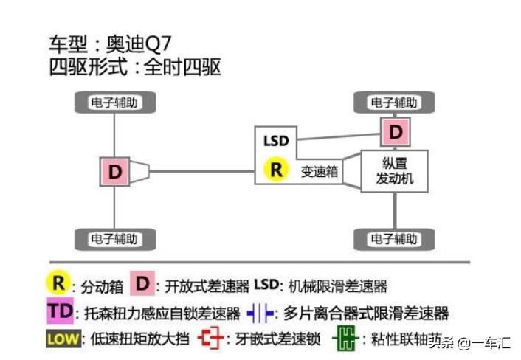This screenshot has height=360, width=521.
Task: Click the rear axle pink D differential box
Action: (116, 171)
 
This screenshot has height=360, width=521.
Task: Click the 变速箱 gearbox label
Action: (319, 171)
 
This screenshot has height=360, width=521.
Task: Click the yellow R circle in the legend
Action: (58, 284)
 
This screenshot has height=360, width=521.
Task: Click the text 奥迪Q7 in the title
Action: (141, 42)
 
